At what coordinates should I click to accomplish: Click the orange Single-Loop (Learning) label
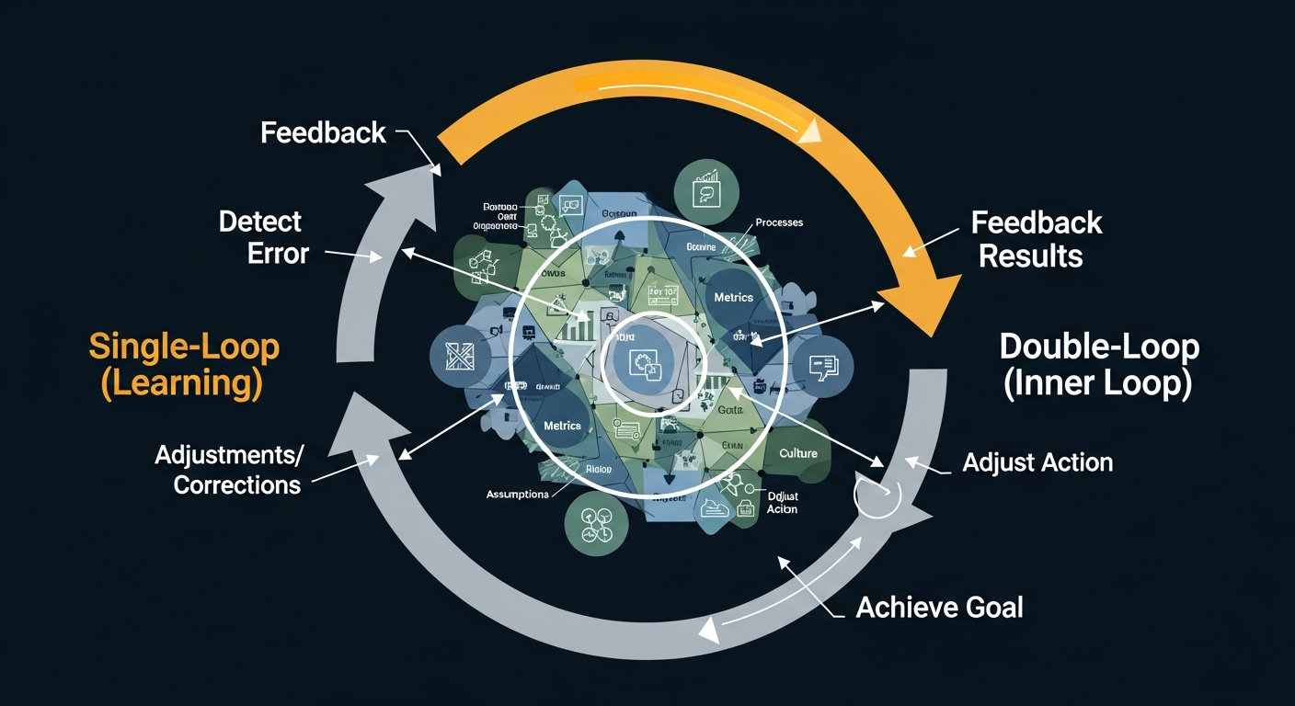tap(184, 365)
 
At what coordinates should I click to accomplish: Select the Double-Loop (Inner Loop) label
tap(1099, 365)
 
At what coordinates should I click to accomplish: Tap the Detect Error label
tap(261, 237)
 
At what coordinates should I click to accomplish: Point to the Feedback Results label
tap(1037, 239)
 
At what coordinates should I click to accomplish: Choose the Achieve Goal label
tap(939, 607)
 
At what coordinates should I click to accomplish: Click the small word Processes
tap(778, 222)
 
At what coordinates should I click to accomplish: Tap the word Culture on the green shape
tap(797, 453)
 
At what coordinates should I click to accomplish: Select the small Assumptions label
tap(517, 495)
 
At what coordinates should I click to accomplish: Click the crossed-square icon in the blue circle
tap(457, 354)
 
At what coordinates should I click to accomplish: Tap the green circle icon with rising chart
tap(706, 188)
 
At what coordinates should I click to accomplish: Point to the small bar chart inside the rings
tap(578, 325)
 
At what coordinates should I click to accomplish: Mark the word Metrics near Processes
tap(733, 297)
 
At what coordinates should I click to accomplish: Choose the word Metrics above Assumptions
tap(562, 426)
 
